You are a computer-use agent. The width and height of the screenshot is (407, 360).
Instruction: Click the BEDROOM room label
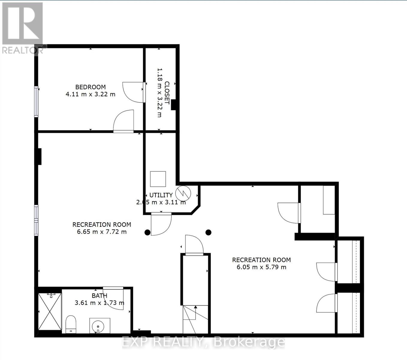[x=90, y=87]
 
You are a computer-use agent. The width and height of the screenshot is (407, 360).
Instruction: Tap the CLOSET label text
[x=167, y=93]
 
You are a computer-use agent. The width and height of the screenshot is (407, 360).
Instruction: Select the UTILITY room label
[x=161, y=195]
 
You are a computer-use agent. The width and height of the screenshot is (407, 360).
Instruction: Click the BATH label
[x=99, y=296]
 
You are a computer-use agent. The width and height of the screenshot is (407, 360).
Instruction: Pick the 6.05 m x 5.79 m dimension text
[x=261, y=267]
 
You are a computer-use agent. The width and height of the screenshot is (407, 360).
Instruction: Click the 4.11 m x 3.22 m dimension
[x=90, y=94]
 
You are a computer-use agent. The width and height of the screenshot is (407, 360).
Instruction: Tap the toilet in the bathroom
[x=71, y=324]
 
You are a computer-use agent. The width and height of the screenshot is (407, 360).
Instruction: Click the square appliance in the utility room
[x=158, y=179]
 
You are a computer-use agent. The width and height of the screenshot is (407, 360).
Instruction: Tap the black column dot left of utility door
[x=147, y=232]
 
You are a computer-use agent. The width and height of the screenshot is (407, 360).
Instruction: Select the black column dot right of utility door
[x=209, y=232]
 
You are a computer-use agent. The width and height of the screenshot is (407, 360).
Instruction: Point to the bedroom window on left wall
[x=36, y=101]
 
